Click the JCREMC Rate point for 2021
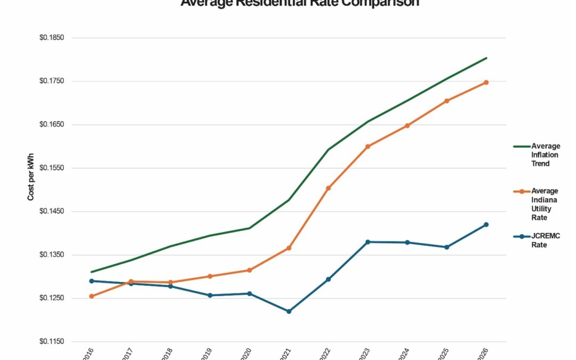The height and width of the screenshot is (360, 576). [289, 311]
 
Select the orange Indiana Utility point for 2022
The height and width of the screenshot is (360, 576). [328, 188]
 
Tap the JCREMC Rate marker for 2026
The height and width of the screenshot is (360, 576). [486, 225]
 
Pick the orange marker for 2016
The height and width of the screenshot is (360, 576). [91, 296]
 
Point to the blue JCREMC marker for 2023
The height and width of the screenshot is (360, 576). [367, 242]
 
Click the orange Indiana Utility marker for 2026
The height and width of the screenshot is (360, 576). [486, 82]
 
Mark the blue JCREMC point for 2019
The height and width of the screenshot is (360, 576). [210, 295]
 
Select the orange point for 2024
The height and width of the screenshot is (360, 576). [407, 126]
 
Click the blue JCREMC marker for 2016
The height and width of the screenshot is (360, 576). [91, 281]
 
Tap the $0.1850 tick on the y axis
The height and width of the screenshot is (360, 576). [52, 38]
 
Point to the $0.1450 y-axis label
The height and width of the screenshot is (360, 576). [52, 211]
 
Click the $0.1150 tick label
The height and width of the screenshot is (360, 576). [52, 341]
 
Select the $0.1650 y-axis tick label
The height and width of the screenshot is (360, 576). [52, 125]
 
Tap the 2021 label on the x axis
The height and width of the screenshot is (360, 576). [286, 353]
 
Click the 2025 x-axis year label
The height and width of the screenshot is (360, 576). [444, 353]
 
